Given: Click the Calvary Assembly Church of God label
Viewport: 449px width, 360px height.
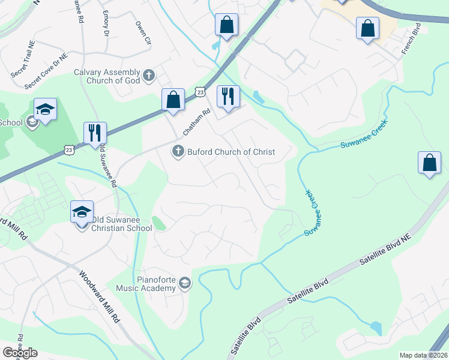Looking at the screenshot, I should point(107,76).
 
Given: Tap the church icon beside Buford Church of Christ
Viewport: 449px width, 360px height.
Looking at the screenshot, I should point(178,152).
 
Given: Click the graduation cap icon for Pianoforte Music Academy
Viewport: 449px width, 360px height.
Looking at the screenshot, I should point(185,283).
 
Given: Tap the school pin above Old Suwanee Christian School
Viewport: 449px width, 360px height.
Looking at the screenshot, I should point(82,212).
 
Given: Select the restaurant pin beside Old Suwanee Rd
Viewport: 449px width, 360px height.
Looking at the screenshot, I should point(95,134).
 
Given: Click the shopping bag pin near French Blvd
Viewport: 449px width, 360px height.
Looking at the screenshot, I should point(367,29).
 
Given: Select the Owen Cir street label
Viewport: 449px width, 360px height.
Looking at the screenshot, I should point(142,34).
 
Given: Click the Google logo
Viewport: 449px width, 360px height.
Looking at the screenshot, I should point(20,353).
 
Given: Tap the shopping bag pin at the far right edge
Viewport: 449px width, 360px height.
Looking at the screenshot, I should point(430,163).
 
